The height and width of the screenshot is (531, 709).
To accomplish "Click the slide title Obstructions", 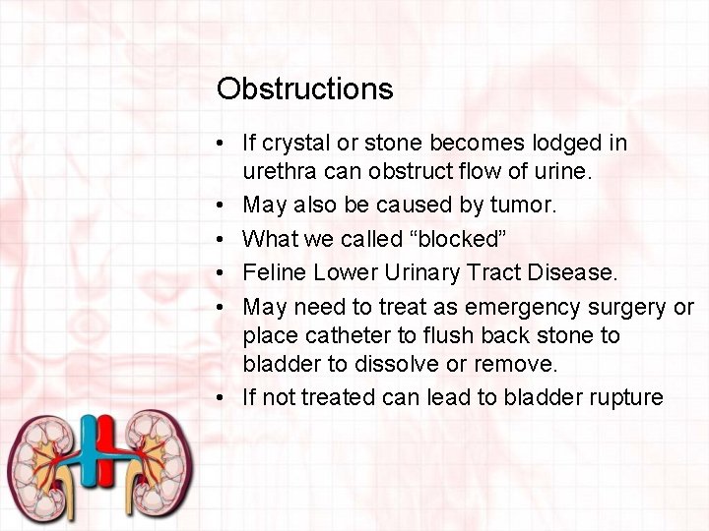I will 304,89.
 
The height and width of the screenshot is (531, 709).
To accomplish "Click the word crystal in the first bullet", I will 293,144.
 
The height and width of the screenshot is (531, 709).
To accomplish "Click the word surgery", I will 633,307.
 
